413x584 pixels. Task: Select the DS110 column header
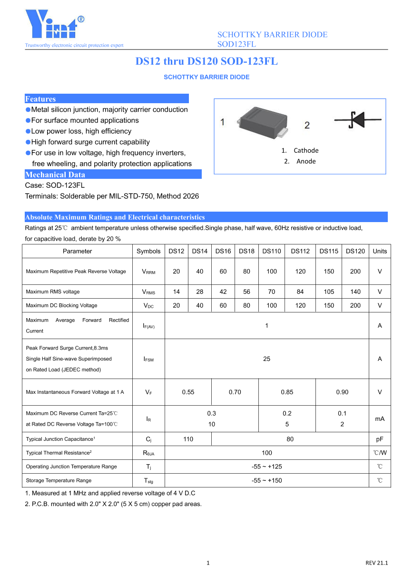[272, 251]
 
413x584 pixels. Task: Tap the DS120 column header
[355, 251]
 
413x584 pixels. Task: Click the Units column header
[380, 251]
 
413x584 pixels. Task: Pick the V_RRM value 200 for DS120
[355, 272]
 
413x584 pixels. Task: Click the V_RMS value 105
[329, 292]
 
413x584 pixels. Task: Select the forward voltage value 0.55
[188, 392]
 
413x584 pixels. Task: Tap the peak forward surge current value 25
[266, 359]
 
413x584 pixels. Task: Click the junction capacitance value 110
[188, 439]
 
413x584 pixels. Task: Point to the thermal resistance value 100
[266, 453]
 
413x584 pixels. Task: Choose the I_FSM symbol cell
[148, 359]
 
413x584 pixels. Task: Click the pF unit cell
[380, 439]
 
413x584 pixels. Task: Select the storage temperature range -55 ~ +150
[266, 480]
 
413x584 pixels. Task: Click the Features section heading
[40, 99]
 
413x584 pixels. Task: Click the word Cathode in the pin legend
[306, 150]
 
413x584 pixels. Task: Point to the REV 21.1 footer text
[376, 563]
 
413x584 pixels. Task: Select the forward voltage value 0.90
[342, 392]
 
